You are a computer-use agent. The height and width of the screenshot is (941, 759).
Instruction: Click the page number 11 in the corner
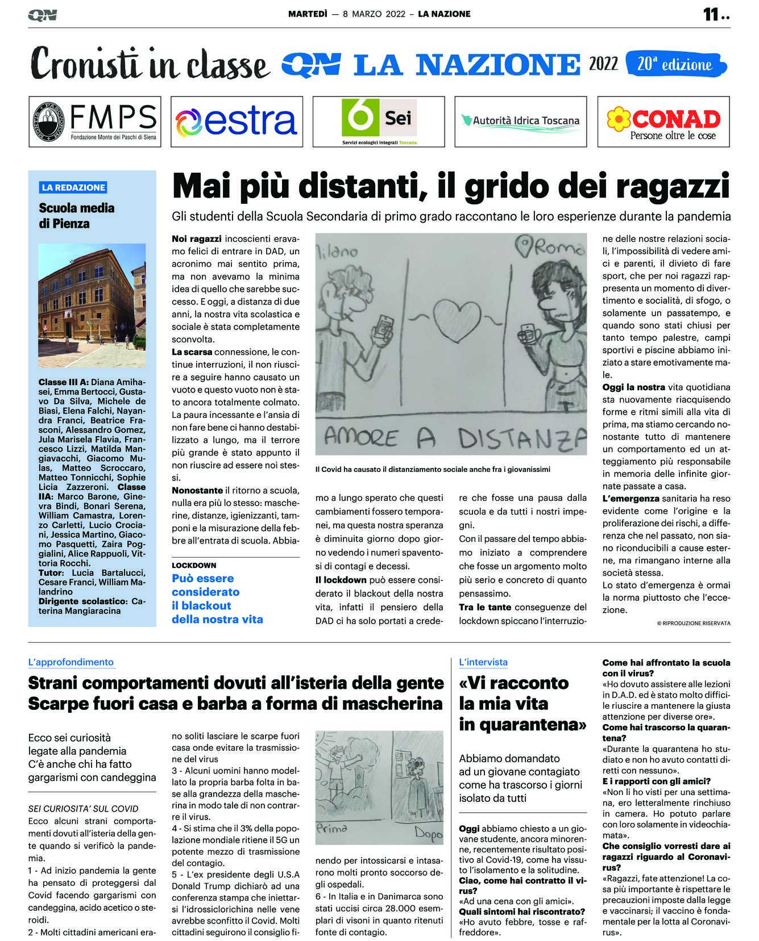pyautogui.click(x=711, y=15)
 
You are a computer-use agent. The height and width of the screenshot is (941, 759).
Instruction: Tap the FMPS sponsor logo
pyautogui.click(x=95, y=122)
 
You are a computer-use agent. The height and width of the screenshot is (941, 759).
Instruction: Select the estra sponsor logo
pyautogui.click(x=236, y=122)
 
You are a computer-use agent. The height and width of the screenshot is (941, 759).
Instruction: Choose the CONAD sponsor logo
pyautogui.click(x=663, y=122)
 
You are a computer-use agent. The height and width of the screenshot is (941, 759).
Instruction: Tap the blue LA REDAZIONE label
pyautogui.click(x=73, y=187)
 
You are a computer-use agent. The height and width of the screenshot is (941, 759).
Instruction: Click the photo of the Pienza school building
pyautogui.click(x=92, y=306)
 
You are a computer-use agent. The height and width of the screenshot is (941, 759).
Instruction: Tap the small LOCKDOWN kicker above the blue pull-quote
pyautogui.click(x=194, y=565)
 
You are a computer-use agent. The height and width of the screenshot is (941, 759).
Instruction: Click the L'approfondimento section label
pyautogui.click(x=71, y=662)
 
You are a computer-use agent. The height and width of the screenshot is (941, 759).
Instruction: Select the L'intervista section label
pyautogui.click(x=483, y=662)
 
